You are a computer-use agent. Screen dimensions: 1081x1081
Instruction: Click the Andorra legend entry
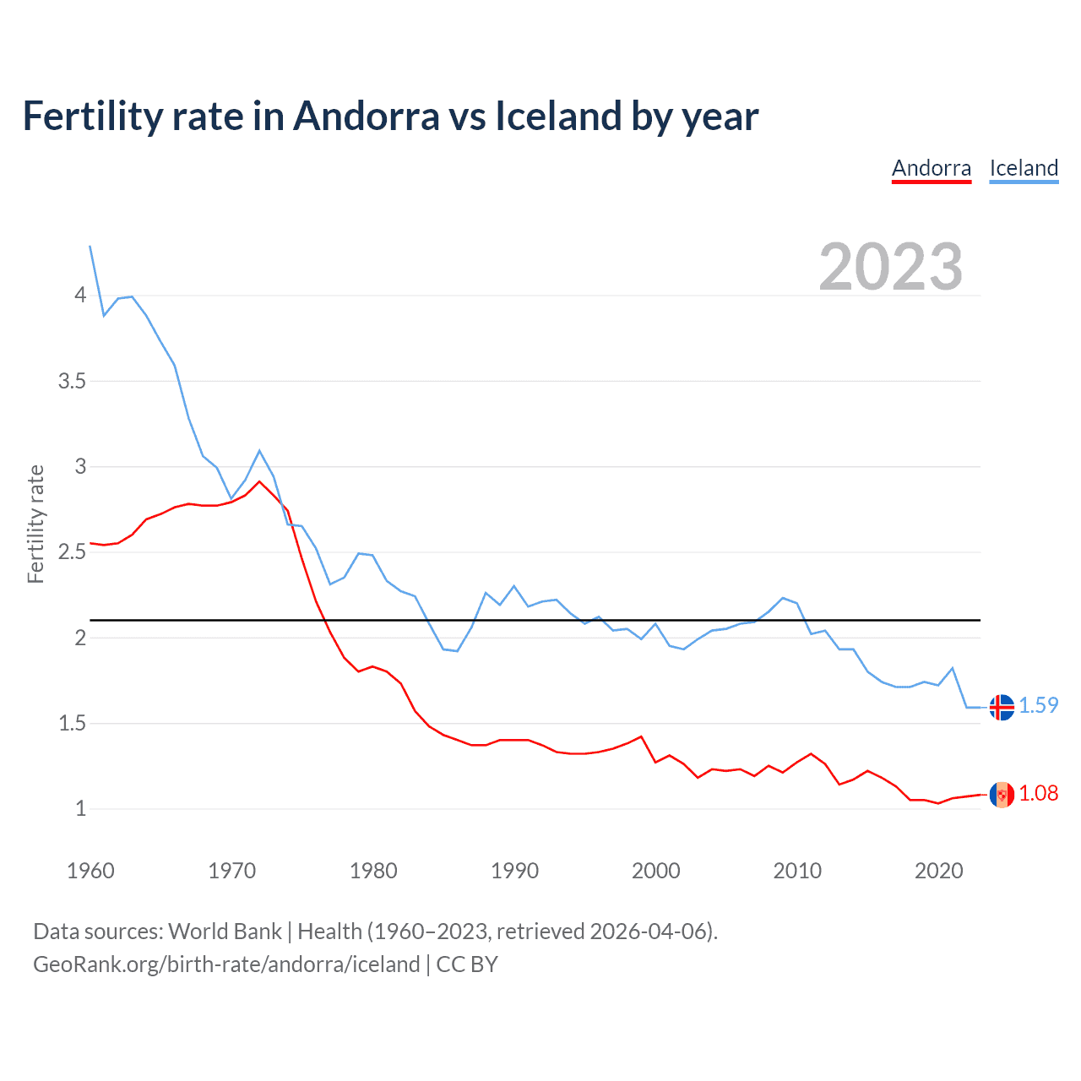[932, 168]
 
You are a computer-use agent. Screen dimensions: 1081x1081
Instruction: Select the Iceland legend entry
[1024, 168]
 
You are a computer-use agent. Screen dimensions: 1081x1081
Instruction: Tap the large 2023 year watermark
[890, 267]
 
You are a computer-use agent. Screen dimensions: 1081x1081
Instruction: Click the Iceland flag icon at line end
[1002, 707]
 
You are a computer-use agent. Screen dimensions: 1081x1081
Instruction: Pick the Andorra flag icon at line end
[1002, 795]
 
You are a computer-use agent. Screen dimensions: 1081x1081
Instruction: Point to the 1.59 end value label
[1038, 705]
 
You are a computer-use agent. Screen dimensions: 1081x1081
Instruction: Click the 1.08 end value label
[1038, 793]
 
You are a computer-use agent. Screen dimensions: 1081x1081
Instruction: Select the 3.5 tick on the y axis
[72, 381]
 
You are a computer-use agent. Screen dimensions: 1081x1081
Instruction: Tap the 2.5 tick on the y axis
[72, 552]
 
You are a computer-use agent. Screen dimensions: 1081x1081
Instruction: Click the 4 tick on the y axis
[80, 295]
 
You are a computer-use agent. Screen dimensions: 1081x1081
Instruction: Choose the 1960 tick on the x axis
[90, 871]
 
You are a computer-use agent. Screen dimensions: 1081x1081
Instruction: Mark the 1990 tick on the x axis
[514, 871]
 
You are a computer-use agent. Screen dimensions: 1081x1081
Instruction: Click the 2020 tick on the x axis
[938, 871]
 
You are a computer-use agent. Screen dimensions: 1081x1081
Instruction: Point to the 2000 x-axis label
[655, 871]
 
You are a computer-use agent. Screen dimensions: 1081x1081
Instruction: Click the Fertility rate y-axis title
[35, 524]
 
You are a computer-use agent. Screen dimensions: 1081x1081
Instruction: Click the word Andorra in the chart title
[366, 117]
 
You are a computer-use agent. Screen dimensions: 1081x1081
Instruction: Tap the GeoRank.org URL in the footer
[226, 964]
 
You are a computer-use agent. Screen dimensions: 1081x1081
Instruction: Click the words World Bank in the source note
[225, 932]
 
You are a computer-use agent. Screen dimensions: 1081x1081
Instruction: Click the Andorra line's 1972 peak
[259, 481]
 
